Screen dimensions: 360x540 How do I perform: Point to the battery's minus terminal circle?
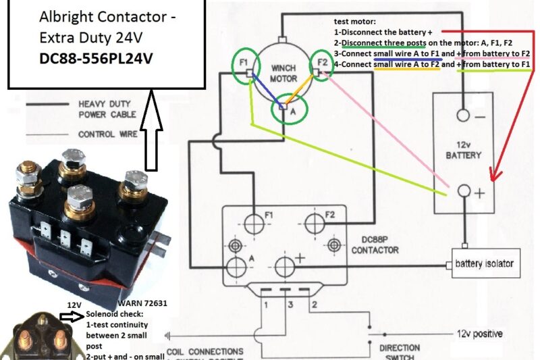coord(462,115)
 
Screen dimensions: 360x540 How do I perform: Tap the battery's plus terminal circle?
coord(463,192)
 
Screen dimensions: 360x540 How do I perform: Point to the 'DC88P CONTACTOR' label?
coord(375,246)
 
